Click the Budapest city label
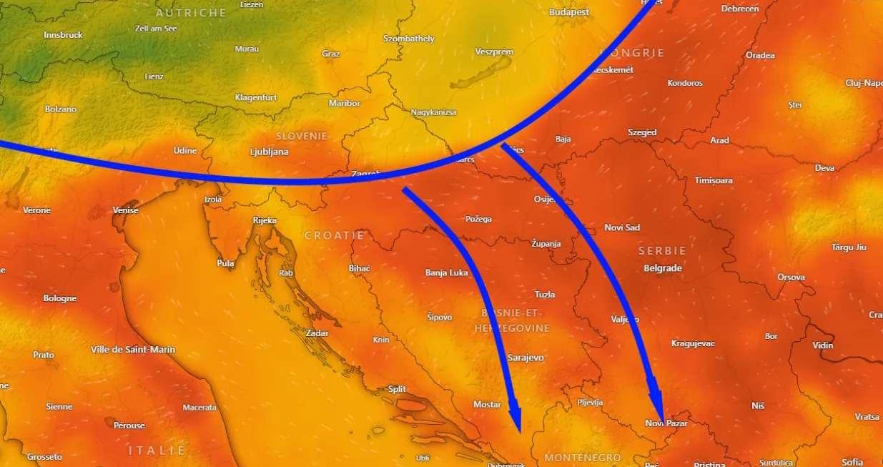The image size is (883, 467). pyautogui.click(x=569, y=12)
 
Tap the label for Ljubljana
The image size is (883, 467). pyautogui.click(x=269, y=152)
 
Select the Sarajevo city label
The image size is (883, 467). pyautogui.click(x=526, y=357)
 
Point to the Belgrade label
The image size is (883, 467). pyautogui.click(x=663, y=268)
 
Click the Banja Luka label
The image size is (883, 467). pyautogui.click(x=447, y=272)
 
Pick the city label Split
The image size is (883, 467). pyautogui.click(x=397, y=389)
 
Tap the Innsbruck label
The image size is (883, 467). pyautogui.click(x=63, y=35)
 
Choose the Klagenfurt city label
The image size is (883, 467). pyautogui.click(x=256, y=97)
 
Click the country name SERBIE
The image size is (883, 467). pyautogui.click(x=662, y=251)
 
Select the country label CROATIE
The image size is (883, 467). pyautogui.click(x=335, y=235)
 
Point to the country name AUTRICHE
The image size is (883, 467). pyautogui.click(x=191, y=13)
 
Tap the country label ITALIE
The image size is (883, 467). pyautogui.click(x=157, y=451)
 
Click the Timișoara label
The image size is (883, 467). pyautogui.click(x=714, y=180)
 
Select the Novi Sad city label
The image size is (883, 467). pyautogui.click(x=622, y=227)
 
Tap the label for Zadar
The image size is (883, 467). pyautogui.click(x=317, y=333)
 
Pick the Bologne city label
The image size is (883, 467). pyautogui.click(x=60, y=298)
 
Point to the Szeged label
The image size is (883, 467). pyautogui.click(x=642, y=132)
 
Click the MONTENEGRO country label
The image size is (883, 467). pyautogui.click(x=583, y=457)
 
